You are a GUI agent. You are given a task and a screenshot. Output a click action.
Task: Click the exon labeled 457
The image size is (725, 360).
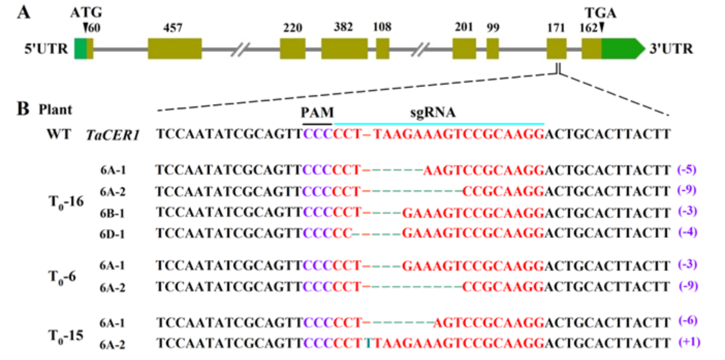point(174,48)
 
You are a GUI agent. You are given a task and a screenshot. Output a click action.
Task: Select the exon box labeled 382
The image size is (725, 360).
point(344,48)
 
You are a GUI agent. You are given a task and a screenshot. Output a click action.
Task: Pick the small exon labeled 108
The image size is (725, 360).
point(382,48)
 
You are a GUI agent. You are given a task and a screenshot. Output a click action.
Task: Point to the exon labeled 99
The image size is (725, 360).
point(492,48)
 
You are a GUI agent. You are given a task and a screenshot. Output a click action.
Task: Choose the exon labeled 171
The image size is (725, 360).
point(556,48)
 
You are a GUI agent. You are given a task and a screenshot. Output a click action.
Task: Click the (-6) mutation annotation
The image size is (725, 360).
point(687,321)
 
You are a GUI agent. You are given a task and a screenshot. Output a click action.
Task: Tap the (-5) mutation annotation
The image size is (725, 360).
point(687,169)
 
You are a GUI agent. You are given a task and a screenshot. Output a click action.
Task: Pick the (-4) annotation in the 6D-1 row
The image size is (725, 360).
point(687,233)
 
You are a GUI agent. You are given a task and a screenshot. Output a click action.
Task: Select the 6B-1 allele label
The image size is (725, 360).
point(113,212)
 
